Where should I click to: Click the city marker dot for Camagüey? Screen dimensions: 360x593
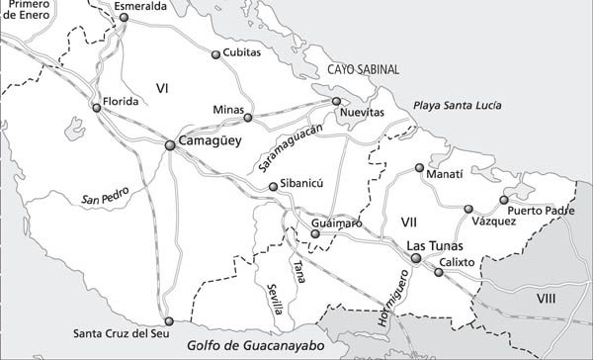click(x=170, y=145)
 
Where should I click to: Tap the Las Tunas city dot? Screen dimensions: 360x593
click(x=416, y=259)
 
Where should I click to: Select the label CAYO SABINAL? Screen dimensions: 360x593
click(x=365, y=69)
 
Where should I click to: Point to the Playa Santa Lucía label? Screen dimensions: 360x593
click(x=456, y=106)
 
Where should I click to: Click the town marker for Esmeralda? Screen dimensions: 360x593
click(x=124, y=17)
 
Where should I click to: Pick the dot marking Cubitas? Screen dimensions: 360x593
click(x=215, y=54)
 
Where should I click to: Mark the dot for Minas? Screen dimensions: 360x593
click(x=248, y=118)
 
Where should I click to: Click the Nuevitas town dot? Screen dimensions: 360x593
click(x=336, y=101)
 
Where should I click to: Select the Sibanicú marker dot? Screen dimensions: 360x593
click(x=273, y=186)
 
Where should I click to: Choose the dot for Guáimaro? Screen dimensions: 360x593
click(x=315, y=233)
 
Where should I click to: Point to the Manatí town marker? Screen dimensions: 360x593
click(x=419, y=167)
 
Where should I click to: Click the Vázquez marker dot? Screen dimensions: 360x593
click(x=468, y=209)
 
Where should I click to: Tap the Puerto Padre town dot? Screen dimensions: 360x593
click(x=503, y=200)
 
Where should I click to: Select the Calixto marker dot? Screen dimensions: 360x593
click(x=438, y=271)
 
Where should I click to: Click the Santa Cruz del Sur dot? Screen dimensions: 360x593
click(x=168, y=320)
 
